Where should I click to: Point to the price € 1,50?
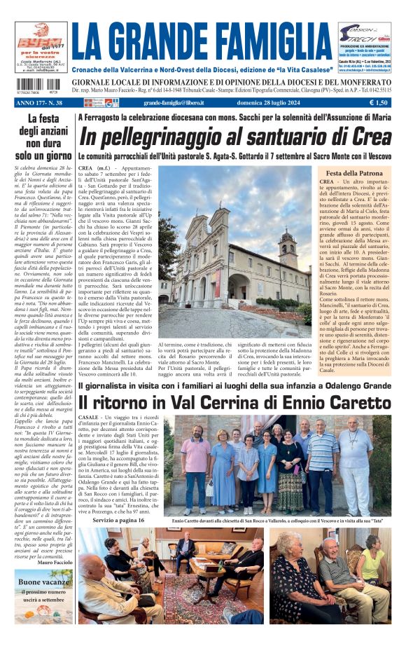pyautogui.click(x=379, y=103)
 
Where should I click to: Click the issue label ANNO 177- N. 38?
pyautogui.click(x=39, y=103)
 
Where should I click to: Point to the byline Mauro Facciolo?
pyautogui.click(x=53, y=562)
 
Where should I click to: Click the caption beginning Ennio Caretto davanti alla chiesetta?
pyautogui.click(x=279, y=521)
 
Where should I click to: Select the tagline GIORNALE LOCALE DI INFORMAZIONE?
pyautogui.click(x=232, y=81)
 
